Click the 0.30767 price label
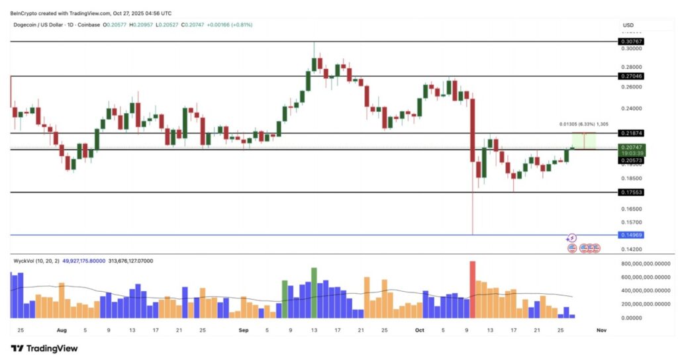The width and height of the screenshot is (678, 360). click(x=632, y=41)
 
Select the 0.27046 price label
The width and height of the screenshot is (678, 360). click(x=632, y=76)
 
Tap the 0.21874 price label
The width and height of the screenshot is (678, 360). click(x=632, y=133)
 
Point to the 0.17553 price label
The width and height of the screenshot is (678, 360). click(x=632, y=192)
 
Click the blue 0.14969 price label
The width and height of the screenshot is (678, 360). click(x=632, y=235)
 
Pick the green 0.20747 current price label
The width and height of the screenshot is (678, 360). click(x=632, y=147)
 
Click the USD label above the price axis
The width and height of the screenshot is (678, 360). click(x=628, y=25)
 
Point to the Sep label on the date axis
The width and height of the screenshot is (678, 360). click(x=242, y=330)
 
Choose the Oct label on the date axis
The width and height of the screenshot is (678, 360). click(x=419, y=330)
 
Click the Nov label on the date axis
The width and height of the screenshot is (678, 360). click(x=601, y=330)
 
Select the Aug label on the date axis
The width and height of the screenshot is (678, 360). click(x=62, y=330)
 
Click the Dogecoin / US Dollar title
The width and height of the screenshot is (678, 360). click(x=41, y=25)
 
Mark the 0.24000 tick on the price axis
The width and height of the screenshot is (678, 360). click(x=632, y=109)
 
